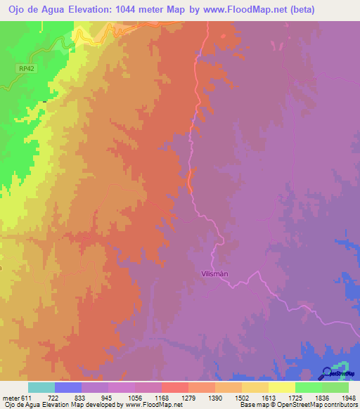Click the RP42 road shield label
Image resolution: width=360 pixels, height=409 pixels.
26,68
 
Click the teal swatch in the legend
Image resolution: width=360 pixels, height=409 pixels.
41,388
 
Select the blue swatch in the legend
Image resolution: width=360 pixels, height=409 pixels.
68,388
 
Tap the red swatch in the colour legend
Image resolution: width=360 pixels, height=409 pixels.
174,388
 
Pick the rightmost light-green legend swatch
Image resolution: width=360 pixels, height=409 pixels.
335,388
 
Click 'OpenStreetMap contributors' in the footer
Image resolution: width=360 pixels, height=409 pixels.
318,404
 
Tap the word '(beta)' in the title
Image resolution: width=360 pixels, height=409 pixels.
299,9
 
